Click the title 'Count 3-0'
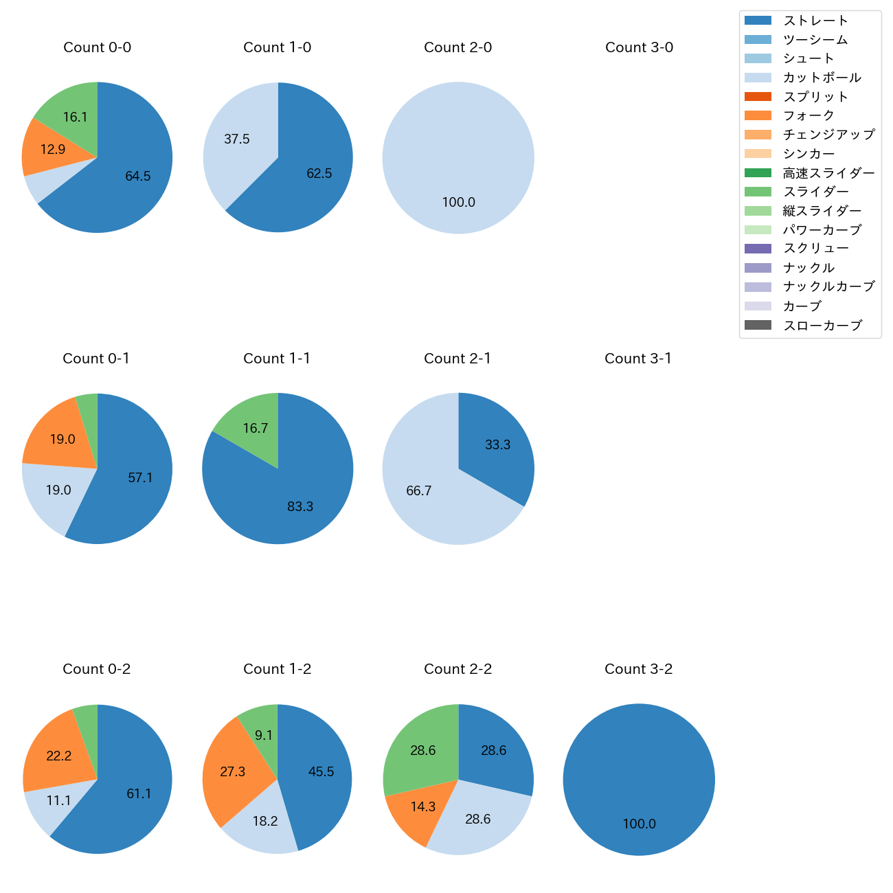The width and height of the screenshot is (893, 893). (639, 47)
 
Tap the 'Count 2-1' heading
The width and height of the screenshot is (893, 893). (457, 359)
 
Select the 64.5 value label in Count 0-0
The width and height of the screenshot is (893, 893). (138, 177)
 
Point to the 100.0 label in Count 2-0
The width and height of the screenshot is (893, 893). (458, 203)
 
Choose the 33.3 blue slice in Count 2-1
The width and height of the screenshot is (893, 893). (498, 445)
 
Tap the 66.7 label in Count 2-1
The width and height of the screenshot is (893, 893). (418, 491)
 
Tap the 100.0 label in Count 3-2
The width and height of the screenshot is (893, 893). (639, 824)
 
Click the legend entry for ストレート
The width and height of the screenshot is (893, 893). (815, 21)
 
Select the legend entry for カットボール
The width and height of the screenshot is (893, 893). (822, 78)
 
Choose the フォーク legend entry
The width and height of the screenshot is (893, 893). (809, 115)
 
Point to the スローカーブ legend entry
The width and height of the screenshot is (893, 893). (822, 326)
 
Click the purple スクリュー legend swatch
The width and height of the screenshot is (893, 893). (758, 249)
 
